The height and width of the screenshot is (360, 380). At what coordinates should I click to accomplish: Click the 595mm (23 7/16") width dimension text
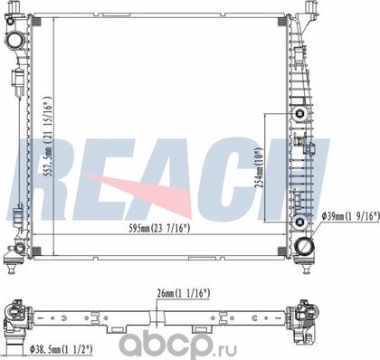pyautogui.click(x=159, y=228)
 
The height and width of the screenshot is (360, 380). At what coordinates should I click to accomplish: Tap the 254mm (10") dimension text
pyautogui.click(x=259, y=167)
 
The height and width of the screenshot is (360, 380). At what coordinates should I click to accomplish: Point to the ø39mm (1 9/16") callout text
pyautogui.click(x=350, y=216)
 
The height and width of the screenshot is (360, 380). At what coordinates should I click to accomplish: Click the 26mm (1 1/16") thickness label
pyautogui.click(x=183, y=293)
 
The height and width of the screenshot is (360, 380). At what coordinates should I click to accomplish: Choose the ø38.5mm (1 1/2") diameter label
pyautogui.click(x=61, y=349)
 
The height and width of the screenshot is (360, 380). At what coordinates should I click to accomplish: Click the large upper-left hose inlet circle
pyautogui.click(x=14, y=41)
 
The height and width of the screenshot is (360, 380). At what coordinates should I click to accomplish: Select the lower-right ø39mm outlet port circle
pyautogui.click(x=305, y=246)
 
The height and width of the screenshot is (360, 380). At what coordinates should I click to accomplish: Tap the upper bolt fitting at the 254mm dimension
pyautogui.click(x=299, y=113)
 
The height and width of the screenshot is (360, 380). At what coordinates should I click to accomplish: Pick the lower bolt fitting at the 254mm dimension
pyautogui.click(x=299, y=223)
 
